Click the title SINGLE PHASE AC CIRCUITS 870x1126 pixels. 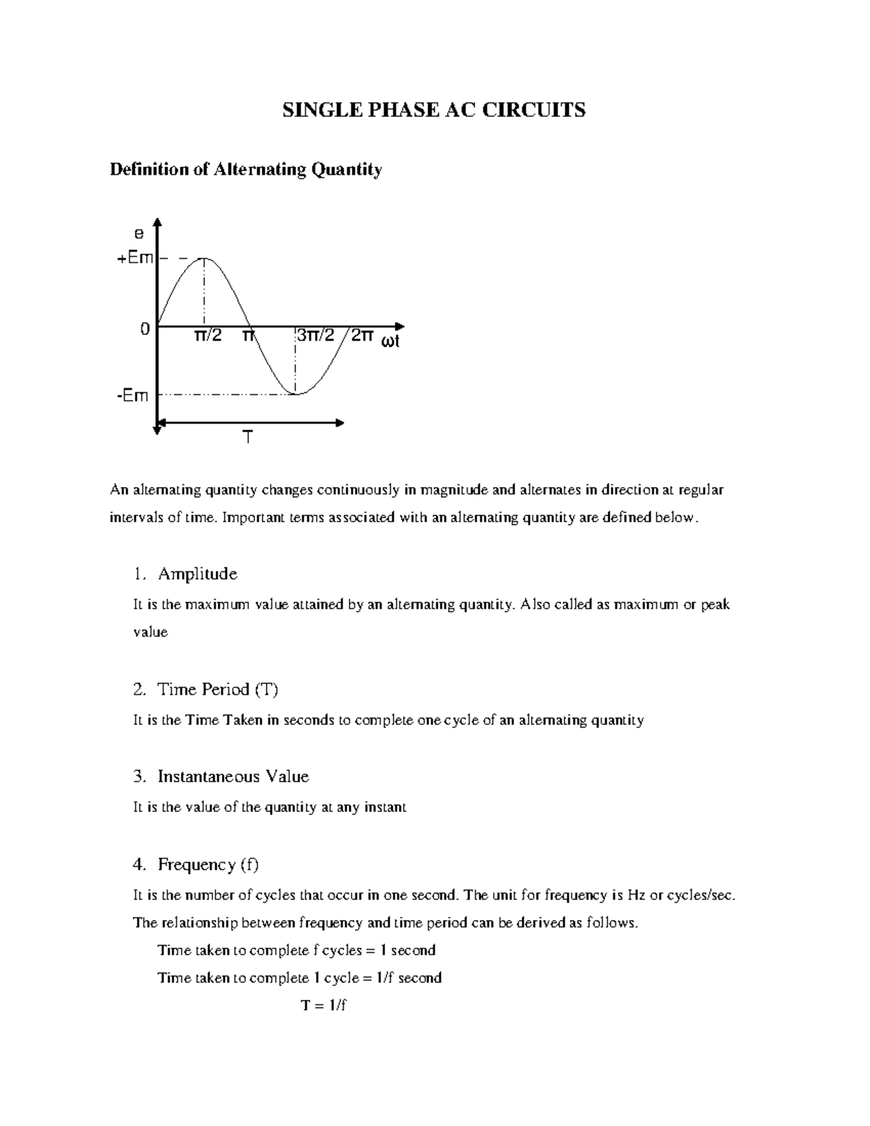pos(434,110)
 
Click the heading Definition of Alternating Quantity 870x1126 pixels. pos(245,170)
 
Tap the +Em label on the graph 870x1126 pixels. pos(136,258)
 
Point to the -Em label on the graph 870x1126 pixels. pos(133,396)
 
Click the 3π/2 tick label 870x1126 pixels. pos(315,336)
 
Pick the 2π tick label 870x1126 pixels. pos(362,336)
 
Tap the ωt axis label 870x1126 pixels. pos(390,341)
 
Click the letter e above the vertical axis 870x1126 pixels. pos(138,233)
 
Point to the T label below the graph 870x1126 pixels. pos(248,438)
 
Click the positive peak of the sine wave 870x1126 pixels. pos(204,258)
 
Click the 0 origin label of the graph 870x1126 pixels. pos(145,329)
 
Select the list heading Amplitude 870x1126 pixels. pos(197,574)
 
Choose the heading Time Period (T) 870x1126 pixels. pos(217,690)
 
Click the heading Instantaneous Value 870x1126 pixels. pos(233,777)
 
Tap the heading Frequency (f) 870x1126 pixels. pos(207,864)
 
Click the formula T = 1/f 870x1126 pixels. pos(324,1006)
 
